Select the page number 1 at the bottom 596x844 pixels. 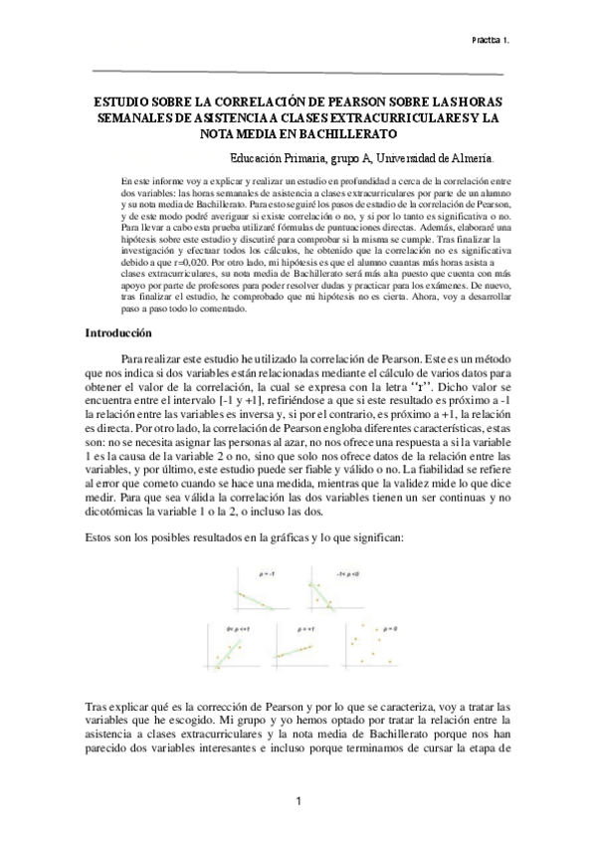click(x=298, y=802)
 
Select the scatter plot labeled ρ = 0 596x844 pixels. click(x=377, y=645)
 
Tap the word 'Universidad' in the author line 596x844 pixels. click(x=403, y=157)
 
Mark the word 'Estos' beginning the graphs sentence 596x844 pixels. click(x=102, y=537)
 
